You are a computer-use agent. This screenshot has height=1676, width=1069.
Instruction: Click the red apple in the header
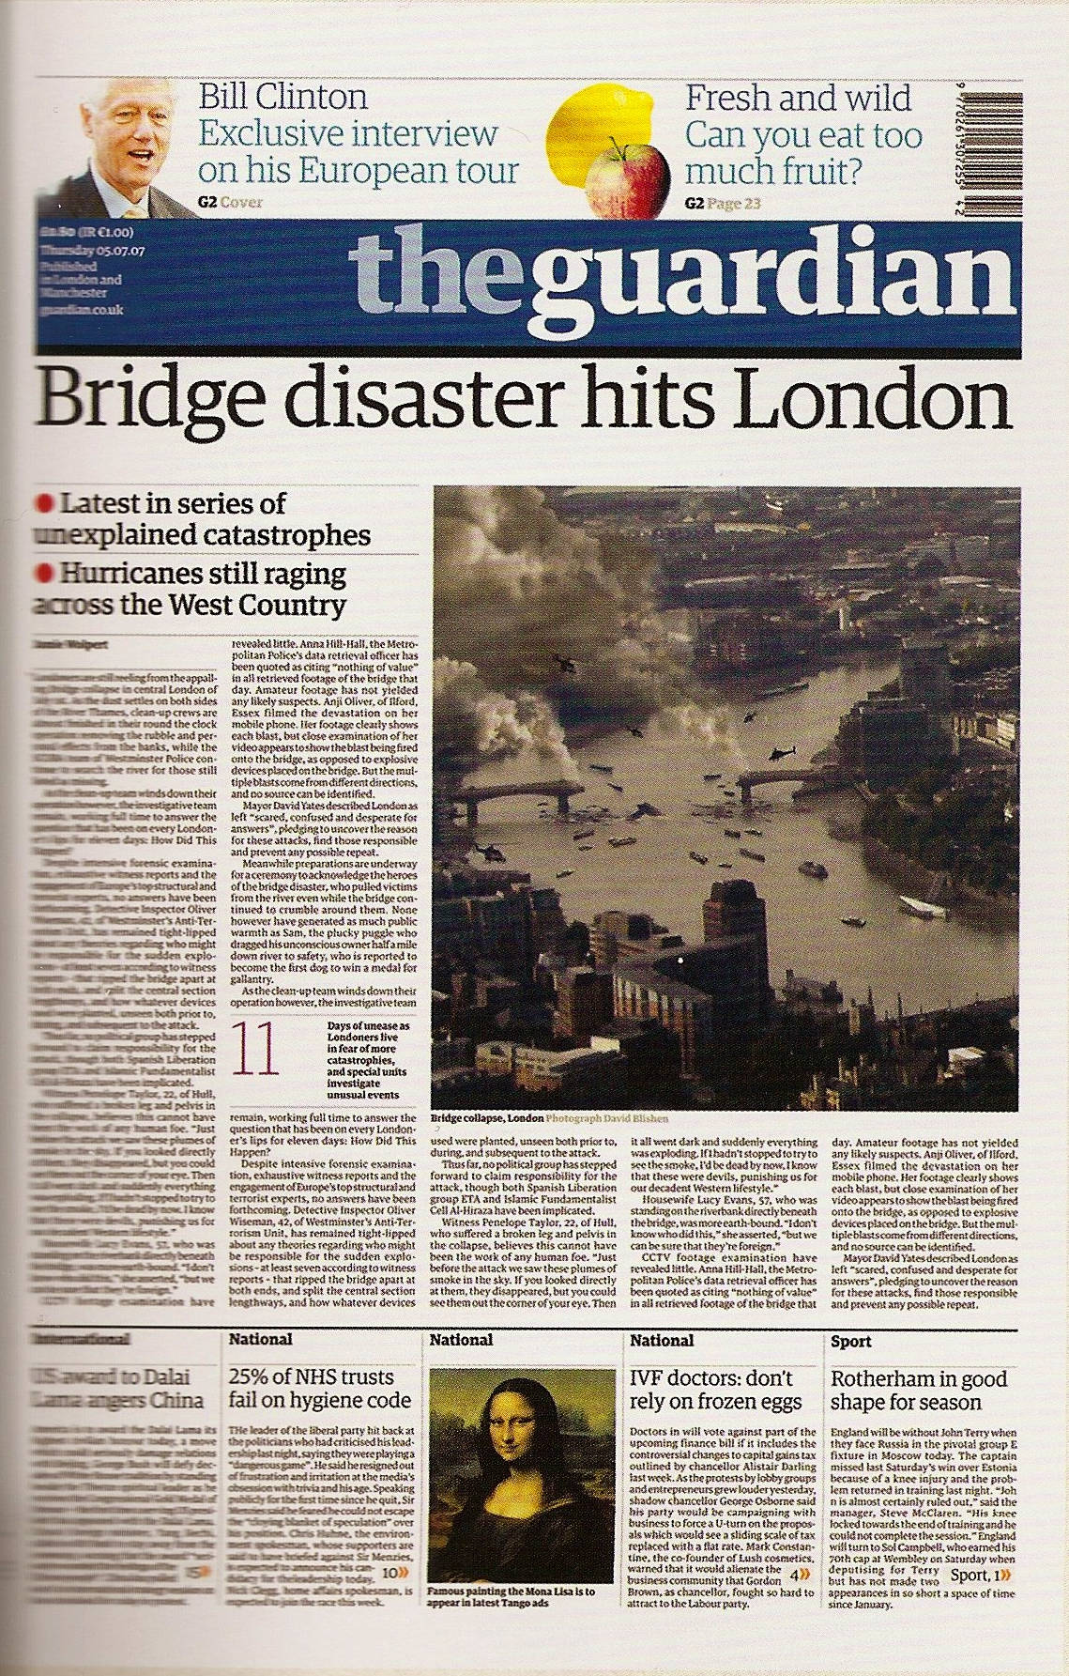point(619,177)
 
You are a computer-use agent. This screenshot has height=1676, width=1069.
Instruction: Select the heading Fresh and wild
point(798,98)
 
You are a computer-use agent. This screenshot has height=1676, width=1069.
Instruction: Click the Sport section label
point(851,1342)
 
